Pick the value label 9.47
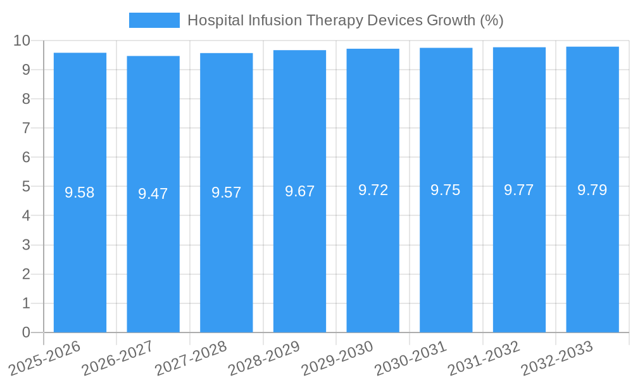pyautogui.click(x=153, y=194)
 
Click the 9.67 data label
pyautogui.click(x=299, y=191)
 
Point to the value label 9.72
pyautogui.click(x=373, y=190)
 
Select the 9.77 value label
pyautogui.click(x=518, y=190)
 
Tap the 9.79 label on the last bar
pyautogui.click(x=592, y=190)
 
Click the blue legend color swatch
pyautogui.click(x=154, y=20)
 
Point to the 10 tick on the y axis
pyautogui.click(x=22, y=41)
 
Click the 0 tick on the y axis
pyautogui.click(x=26, y=332)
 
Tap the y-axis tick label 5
pyautogui.click(x=26, y=187)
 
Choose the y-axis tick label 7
pyautogui.click(x=26, y=128)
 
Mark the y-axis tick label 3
pyautogui.click(x=26, y=245)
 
